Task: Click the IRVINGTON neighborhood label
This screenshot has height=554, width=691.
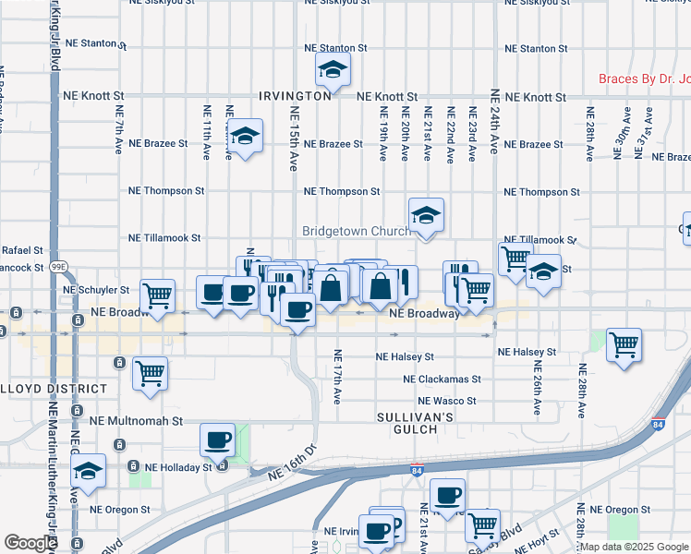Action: tap(295, 96)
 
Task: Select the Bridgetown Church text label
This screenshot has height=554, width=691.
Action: tap(356, 231)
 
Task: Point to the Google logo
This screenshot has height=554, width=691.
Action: tap(30, 543)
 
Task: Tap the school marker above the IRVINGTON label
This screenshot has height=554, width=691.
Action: tap(333, 69)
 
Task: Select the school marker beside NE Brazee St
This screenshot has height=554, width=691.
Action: tap(245, 136)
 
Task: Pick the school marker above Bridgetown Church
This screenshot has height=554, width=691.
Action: tap(426, 216)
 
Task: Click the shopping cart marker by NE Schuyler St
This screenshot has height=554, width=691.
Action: tap(158, 295)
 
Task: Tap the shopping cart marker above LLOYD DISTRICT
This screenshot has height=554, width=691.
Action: tap(150, 374)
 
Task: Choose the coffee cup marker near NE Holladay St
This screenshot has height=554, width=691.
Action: tap(218, 440)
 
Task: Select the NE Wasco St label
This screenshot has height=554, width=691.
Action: tap(446, 401)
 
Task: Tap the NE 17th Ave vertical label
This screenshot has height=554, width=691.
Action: tap(337, 377)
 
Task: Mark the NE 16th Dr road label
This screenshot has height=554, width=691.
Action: tap(292, 462)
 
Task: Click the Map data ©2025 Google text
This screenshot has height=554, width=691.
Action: tap(634, 547)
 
